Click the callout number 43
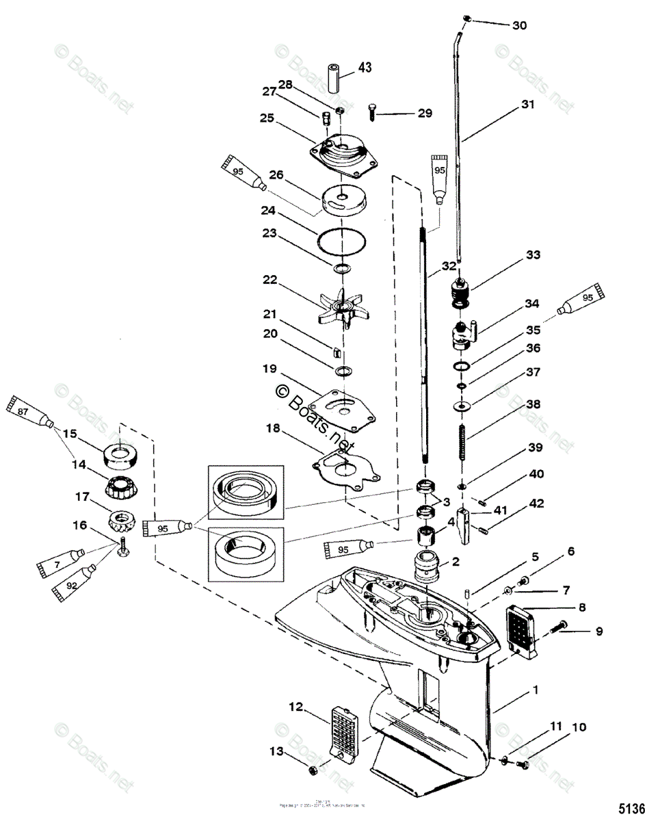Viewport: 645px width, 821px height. pyautogui.click(x=365, y=67)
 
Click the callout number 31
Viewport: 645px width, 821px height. pyautogui.click(x=527, y=105)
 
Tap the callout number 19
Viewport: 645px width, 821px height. pyautogui.click(x=269, y=369)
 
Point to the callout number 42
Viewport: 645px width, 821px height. pyautogui.click(x=536, y=504)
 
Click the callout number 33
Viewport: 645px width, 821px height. pyautogui.click(x=533, y=255)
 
